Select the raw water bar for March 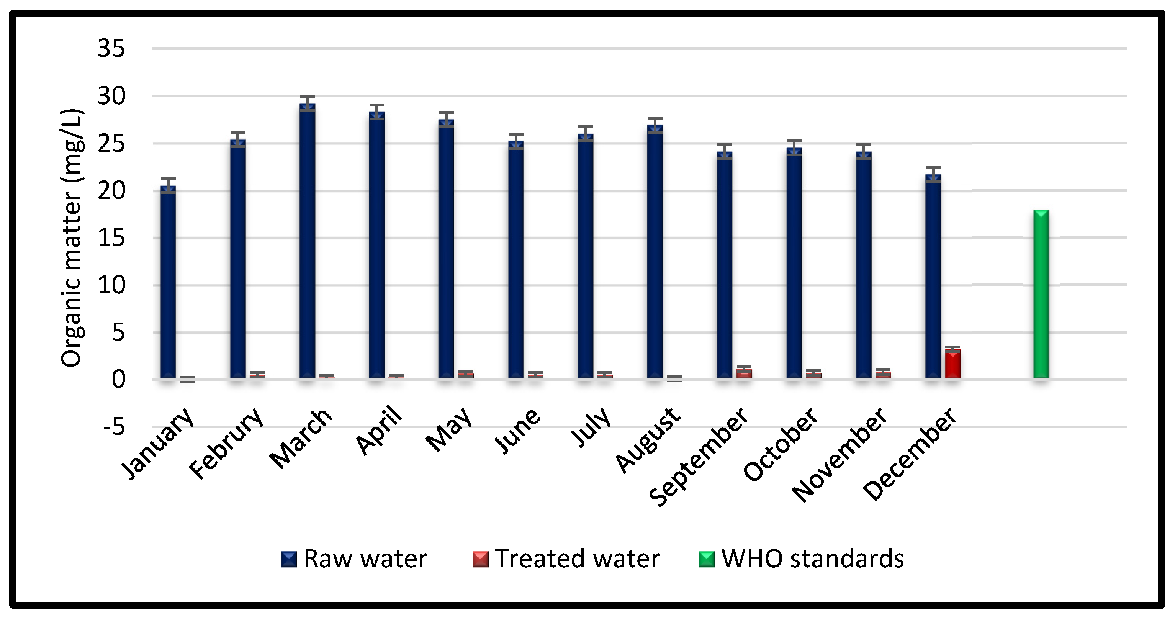(x=307, y=242)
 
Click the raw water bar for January (x=168, y=283)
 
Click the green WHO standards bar (x=1041, y=294)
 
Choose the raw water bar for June (x=516, y=260)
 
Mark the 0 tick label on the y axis (x=118, y=380)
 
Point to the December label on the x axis (x=910, y=454)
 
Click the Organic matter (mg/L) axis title (x=72, y=237)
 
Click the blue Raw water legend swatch (x=289, y=559)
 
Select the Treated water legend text (x=577, y=559)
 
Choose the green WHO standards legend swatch (x=706, y=559)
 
